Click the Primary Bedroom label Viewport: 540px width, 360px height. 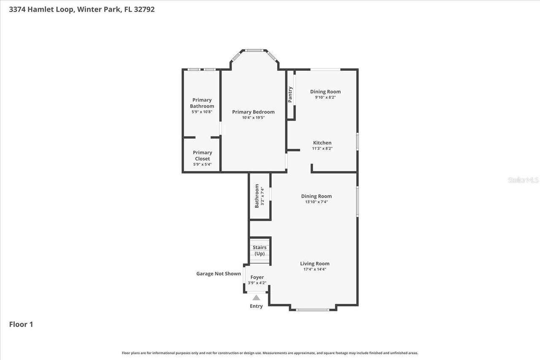(253, 112)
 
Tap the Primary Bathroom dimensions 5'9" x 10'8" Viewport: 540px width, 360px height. (202, 112)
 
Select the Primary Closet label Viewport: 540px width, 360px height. (202, 156)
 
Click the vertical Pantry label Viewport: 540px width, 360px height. (290, 94)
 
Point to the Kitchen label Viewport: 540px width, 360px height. (322, 142)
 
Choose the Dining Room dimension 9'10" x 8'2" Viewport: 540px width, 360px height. (325, 97)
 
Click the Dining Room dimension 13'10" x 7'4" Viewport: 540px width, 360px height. (316, 202)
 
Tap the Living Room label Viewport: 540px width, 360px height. (315, 263)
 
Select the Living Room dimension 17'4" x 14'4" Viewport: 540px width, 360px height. (315, 269)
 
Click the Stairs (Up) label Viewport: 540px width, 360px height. (259, 250)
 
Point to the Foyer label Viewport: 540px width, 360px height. (257, 277)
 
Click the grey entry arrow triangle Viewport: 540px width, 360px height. (256, 298)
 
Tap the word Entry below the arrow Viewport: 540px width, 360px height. (256, 306)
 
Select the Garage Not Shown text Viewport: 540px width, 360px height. (219, 274)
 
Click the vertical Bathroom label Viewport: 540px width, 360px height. (256, 196)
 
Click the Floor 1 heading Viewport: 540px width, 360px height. (21, 324)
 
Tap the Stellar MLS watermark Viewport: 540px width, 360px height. (523, 180)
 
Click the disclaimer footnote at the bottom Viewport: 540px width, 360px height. (270, 353)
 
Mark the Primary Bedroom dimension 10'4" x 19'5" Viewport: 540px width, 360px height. (253, 118)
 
